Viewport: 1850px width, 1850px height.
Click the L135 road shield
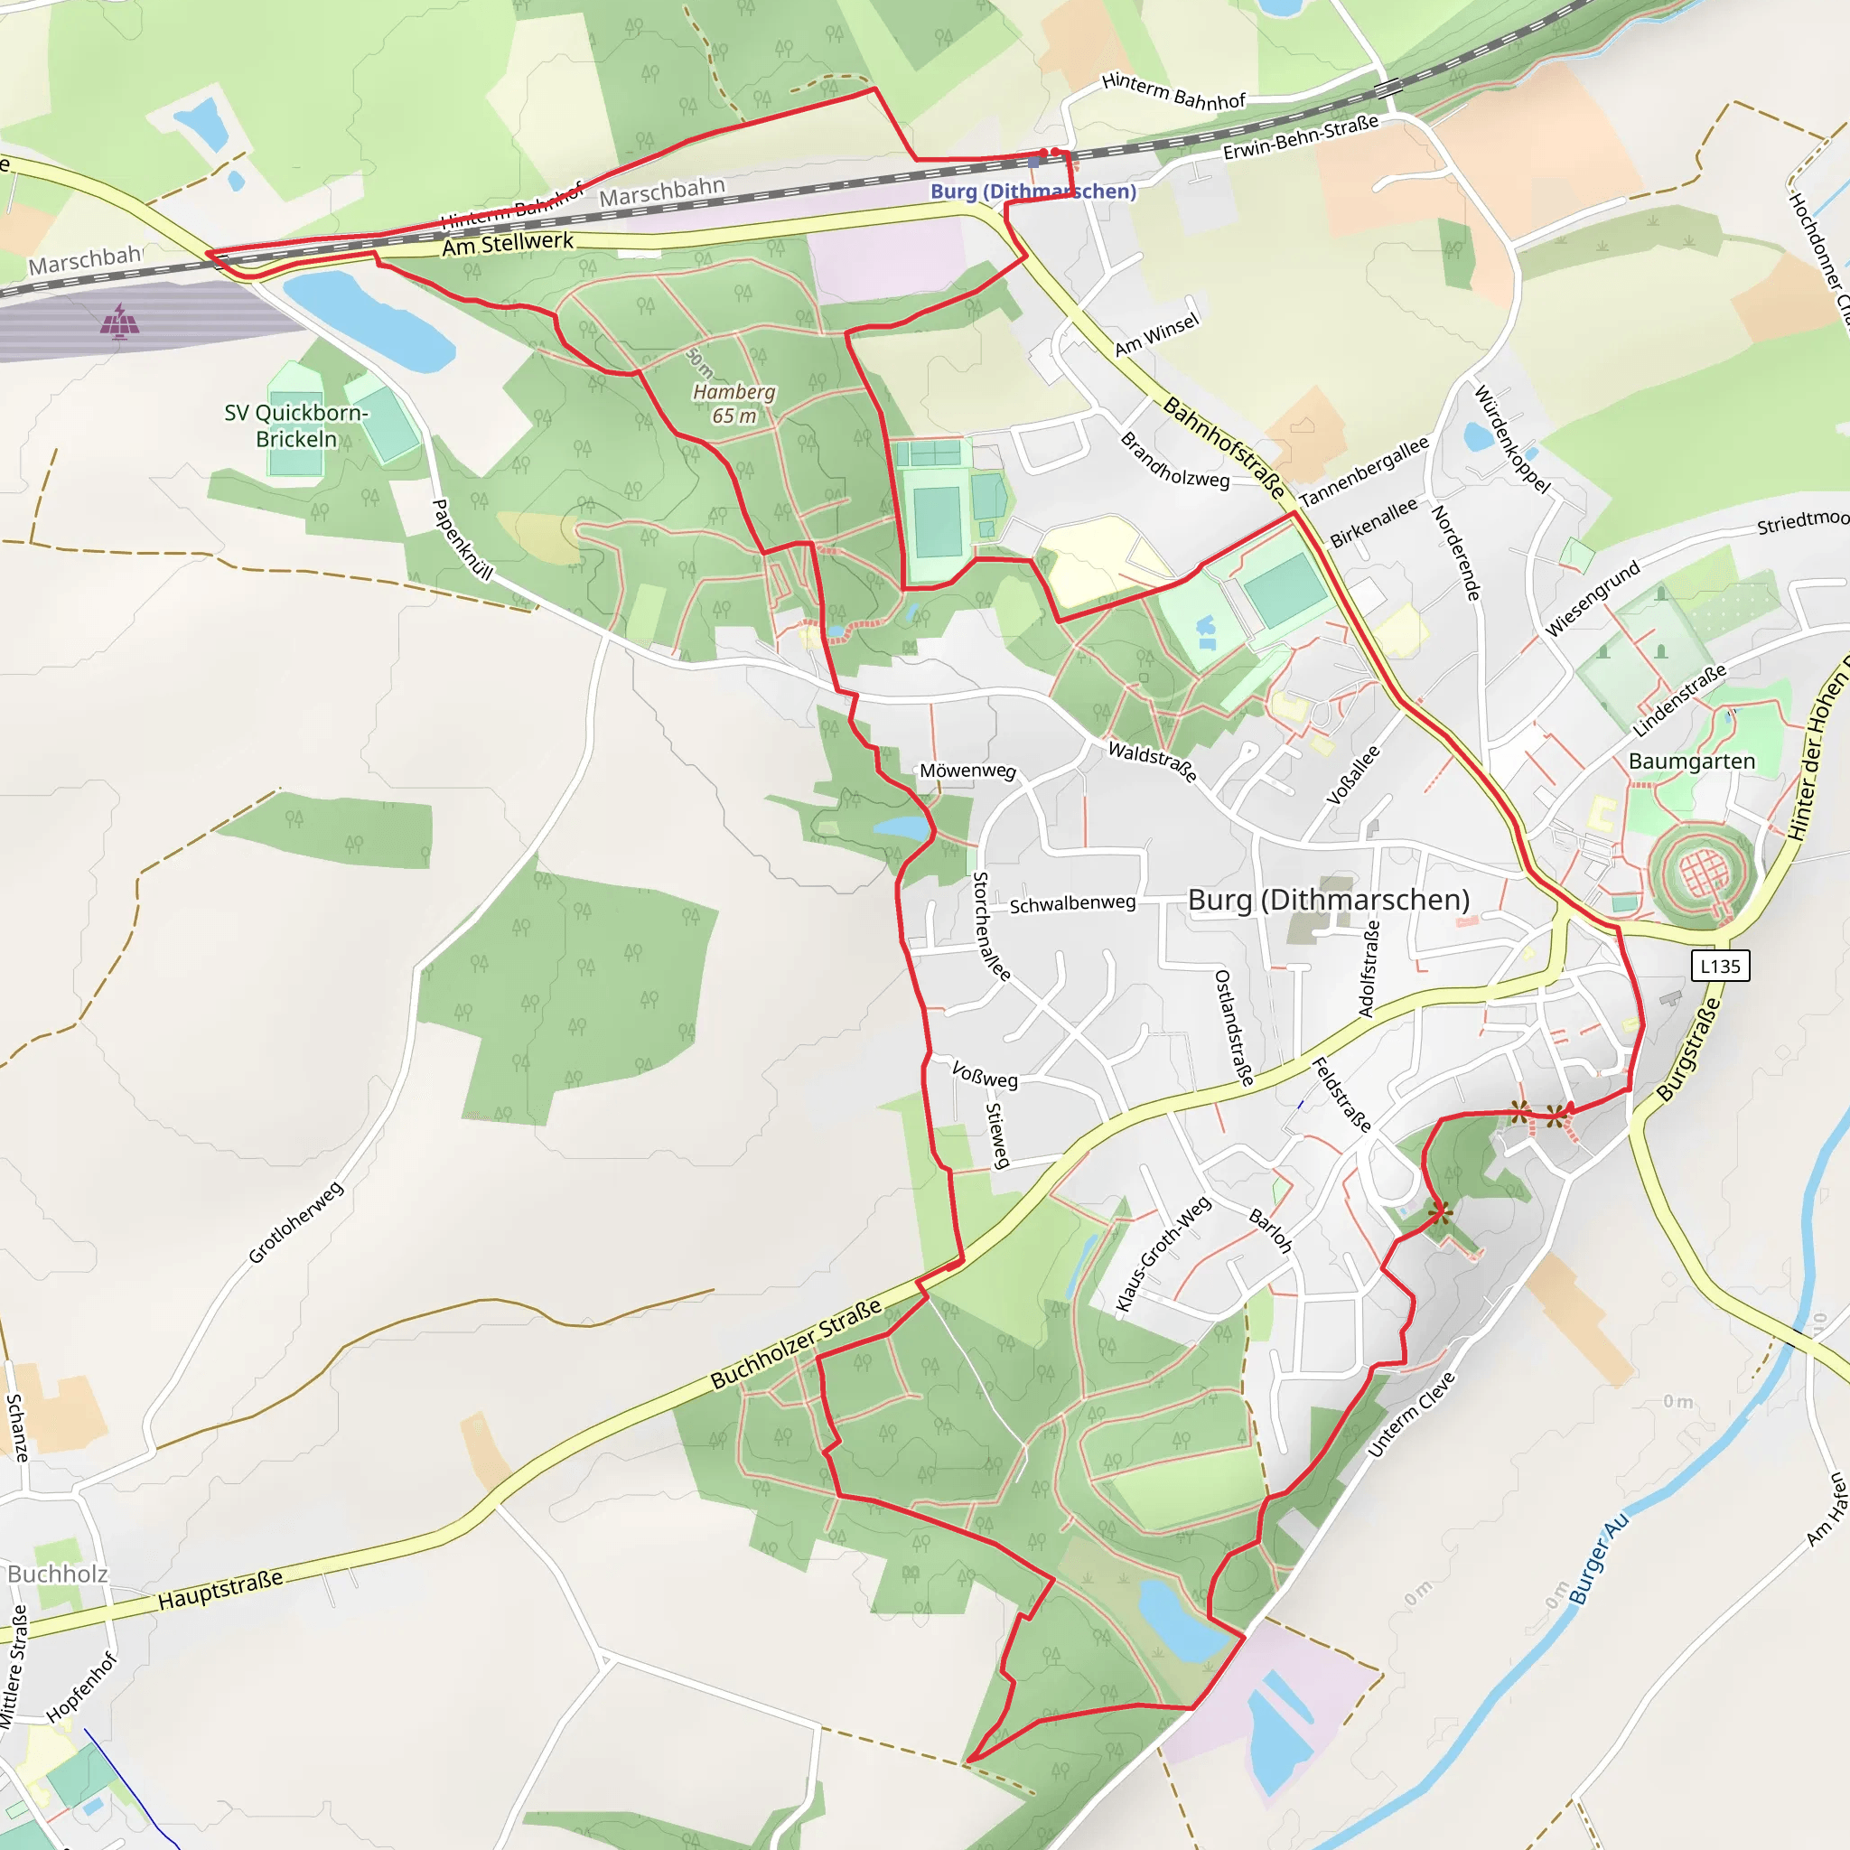pos(1720,967)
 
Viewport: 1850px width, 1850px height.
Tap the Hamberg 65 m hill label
pos(734,403)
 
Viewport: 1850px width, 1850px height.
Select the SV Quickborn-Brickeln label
pos(296,425)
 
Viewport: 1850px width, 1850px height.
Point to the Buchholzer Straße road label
pos(796,1344)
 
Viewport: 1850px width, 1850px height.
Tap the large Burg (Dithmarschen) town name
pos(1328,899)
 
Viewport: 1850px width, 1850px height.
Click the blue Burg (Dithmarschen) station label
pos(1032,191)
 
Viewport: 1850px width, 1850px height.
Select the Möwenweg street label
pos(967,771)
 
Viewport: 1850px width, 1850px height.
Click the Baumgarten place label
pos(1692,761)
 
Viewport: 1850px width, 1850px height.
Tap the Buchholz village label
pos(58,1574)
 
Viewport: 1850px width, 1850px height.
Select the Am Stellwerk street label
pos(508,244)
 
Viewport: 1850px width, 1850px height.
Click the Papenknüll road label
pos(462,540)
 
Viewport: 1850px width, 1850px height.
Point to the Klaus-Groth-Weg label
pos(1163,1254)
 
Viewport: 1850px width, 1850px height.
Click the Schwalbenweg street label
pos(1072,903)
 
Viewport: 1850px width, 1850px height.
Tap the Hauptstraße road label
pos(220,1589)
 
